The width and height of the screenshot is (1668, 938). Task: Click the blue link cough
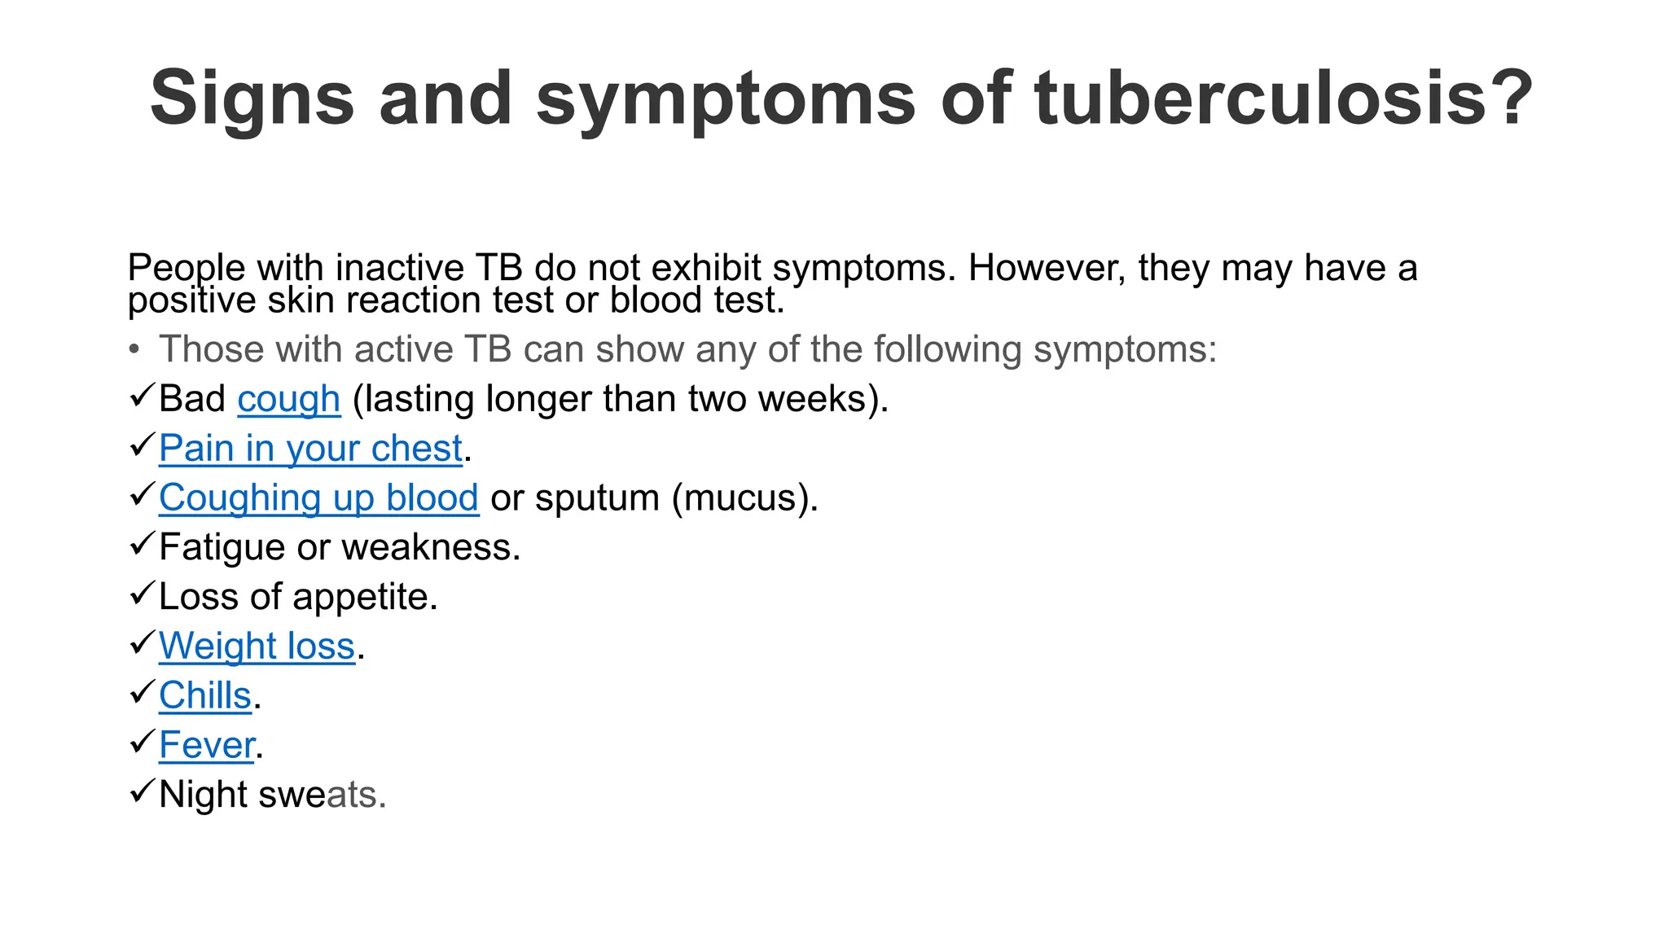click(288, 399)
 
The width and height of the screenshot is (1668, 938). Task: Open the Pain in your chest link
click(310, 449)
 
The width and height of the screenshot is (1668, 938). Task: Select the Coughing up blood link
click(318, 498)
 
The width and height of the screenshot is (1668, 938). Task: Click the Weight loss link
click(257, 647)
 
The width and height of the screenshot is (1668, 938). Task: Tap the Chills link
click(205, 696)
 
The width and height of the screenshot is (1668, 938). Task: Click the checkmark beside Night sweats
click(142, 791)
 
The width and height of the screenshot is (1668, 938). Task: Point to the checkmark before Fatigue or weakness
click(142, 543)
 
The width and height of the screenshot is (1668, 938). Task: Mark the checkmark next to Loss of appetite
click(142, 593)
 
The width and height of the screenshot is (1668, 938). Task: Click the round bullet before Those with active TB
click(134, 350)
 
